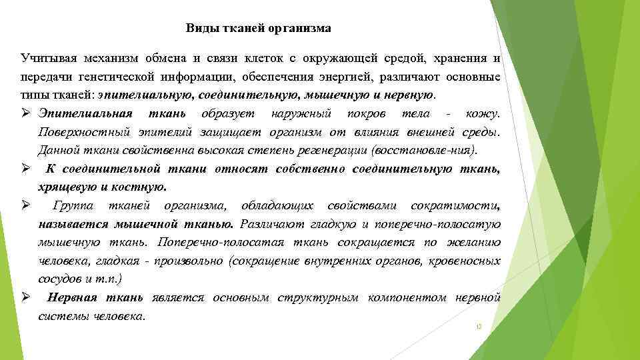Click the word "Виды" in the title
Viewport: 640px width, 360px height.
(199, 29)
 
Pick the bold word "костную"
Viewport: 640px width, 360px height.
(142, 186)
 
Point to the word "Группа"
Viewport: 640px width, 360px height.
(74, 204)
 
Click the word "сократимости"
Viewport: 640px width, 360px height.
(455, 204)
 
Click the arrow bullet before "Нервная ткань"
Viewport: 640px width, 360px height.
(24, 297)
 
